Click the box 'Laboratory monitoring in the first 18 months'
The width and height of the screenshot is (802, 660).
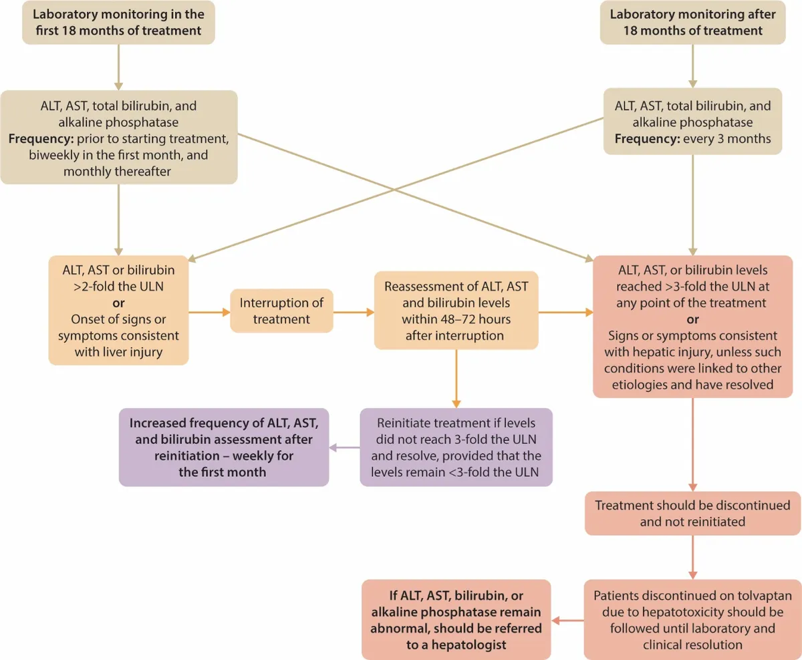118,23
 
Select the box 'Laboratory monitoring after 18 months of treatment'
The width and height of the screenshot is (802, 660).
692,23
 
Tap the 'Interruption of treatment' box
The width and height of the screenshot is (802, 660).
281,311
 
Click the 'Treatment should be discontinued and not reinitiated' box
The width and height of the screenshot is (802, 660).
692,513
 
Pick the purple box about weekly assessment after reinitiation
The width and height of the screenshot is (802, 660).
224,447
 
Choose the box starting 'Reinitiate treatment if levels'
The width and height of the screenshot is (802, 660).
456,447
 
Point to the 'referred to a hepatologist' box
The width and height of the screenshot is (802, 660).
456,619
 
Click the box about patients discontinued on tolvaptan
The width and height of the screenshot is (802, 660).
692,619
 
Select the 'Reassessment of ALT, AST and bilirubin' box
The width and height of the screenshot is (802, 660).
456,311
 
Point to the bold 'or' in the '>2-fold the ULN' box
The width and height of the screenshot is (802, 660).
118,303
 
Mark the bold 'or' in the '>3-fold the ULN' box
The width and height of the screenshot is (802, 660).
692,319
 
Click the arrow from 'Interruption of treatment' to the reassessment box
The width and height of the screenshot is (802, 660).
354,311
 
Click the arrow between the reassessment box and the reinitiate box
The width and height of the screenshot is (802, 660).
456,378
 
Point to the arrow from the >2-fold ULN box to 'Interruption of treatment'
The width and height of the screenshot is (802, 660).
209,311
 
